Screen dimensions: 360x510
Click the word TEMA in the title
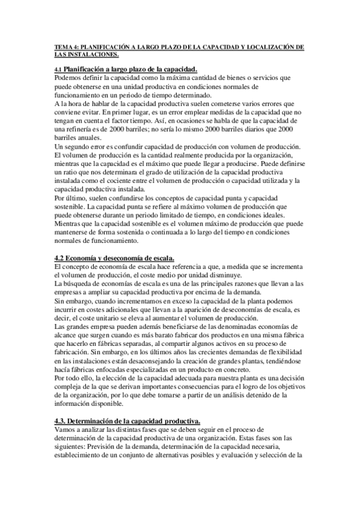tap(62, 46)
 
